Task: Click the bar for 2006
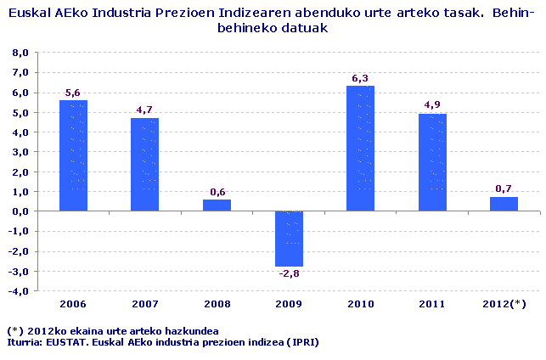(73, 155)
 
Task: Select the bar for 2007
(144, 165)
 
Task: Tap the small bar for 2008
(217, 205)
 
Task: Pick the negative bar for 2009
(288, 239)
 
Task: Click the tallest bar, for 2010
(360, 149)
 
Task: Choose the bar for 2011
(431, 162)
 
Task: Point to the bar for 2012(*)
(504, 204)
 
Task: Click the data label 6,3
(360, 79)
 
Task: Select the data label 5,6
(73, 93)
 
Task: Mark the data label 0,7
(504, 189)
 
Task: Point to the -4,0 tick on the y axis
(19, 291)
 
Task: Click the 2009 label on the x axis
(288, 304)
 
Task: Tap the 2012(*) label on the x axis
(504, 304)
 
